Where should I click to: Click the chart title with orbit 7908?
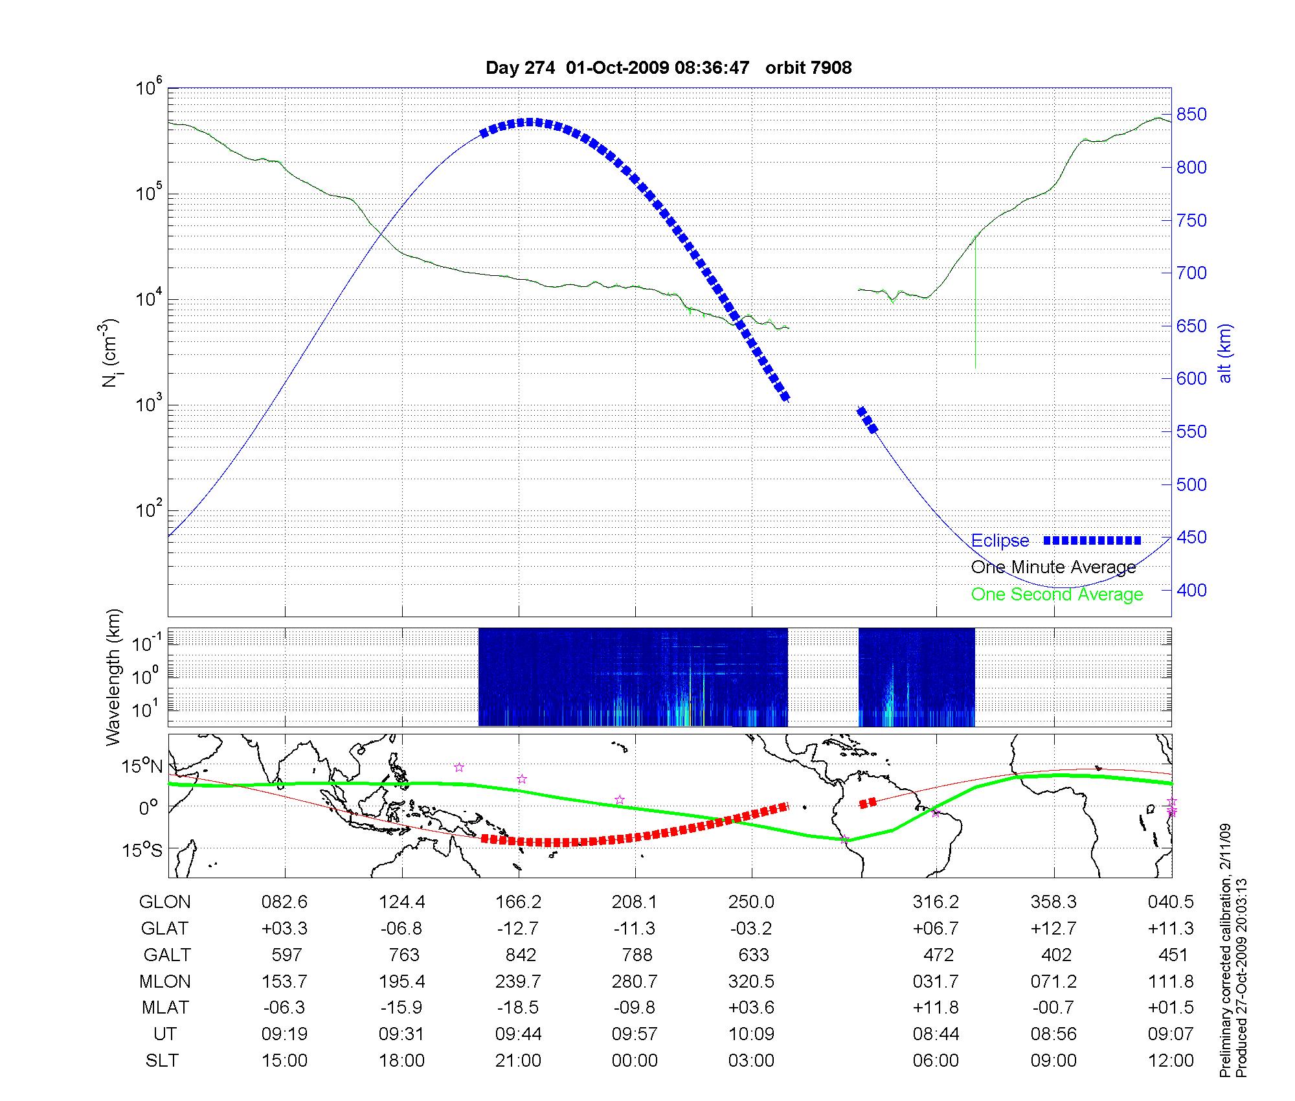[x=668, y=67]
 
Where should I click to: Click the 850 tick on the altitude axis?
[x=1191, y=115]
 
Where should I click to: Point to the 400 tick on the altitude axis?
[x=1191, y=590]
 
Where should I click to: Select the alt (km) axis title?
[x=1226, y=353]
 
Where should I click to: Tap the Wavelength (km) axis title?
[x=114, y=677]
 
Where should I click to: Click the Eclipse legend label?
[x=1000, y=541]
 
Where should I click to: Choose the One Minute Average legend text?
[x=1053, y=567]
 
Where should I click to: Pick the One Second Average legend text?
[x=1057, y=594]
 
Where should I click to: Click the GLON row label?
[x=165, y=902]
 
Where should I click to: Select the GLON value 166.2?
[x=519, y=902]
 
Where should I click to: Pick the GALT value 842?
[x=521, y=955]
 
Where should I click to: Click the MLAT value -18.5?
[x=519, y=1008]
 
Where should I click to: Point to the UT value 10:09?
[x=752, y=1034]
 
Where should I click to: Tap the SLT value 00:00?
[x=635, y=1061]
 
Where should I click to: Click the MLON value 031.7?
[x=936, y=981]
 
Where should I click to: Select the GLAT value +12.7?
[x=1053, y=928]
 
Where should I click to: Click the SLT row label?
[x=162, y=1061]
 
